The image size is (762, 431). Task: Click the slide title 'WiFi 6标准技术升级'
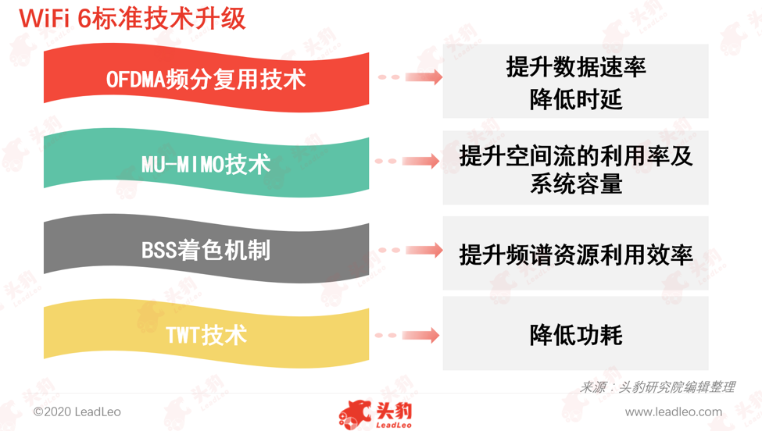click(132, 19)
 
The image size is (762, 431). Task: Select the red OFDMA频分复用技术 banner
click(206, 79)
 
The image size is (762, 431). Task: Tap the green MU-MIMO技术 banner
click(206, 163)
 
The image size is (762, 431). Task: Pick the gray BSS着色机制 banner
click(206, 249)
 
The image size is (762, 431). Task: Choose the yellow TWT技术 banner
click(206, 334)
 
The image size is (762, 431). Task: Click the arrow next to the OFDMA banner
click(410, 77)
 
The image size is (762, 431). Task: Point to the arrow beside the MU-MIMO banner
click(407, 161)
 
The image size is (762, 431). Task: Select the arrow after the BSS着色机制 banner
click(410, 250)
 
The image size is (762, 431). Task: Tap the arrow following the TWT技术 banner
click(407, 335)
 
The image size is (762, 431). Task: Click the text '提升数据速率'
click(576, 66)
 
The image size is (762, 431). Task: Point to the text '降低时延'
click(576, 99)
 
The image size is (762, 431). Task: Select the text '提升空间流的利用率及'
click(576, 156)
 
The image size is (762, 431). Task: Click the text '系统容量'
click(576, 184)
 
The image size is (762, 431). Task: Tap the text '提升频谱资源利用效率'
click(576, 255)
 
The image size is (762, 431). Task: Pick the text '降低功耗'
click(576, 335)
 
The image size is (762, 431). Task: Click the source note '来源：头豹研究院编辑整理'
click(657, 386)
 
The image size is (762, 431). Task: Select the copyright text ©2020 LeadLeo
click(77, 411)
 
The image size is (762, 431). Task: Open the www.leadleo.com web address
click(674, 411)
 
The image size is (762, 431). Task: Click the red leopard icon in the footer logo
click(355, 415)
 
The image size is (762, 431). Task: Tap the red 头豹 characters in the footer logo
click(394, 411)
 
